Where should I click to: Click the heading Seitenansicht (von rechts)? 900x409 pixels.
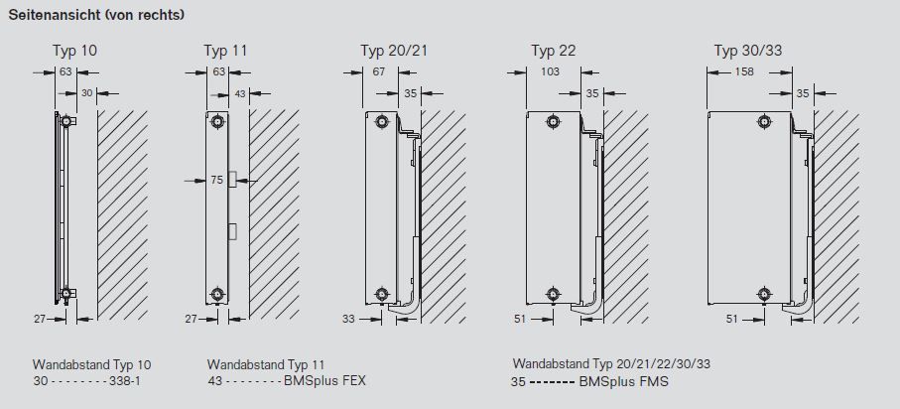tap(96, 16)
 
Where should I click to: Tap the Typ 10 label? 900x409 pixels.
tap(74, 51)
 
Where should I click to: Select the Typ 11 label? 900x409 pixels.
tap(225, 51)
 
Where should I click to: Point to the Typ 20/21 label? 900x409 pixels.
tap(394, 51)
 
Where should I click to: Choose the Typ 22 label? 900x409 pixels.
tap(554, 51)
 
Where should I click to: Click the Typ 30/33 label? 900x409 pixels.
tap(748, 51)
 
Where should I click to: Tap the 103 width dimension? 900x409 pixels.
tap(550, 72)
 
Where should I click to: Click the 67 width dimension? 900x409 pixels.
tap(378, 72)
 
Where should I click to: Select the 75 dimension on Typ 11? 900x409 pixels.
tap(216, 181)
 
